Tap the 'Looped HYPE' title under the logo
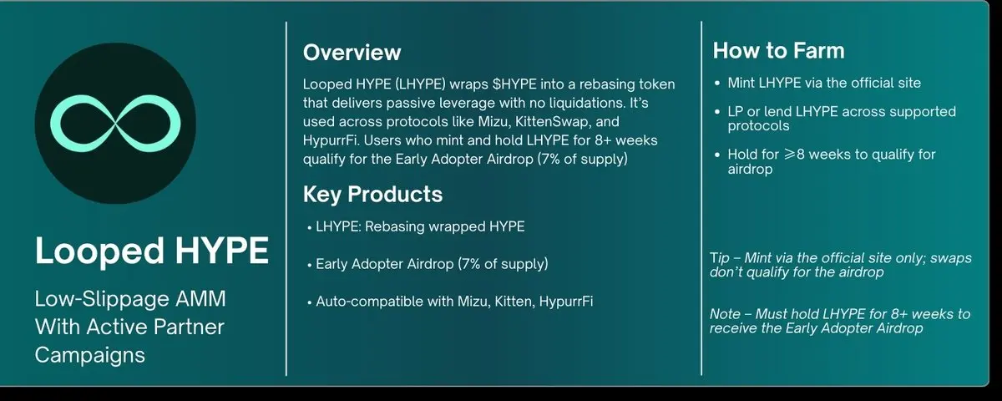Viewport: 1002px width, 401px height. click(x=151, y=251)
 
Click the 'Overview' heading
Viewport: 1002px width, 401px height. click(x=352, y=53)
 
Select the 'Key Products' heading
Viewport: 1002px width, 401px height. click(x=372, y=195)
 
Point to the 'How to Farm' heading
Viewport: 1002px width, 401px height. click(x=778, y=51)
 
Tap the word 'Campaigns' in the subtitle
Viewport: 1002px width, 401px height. click(x=90, y=354)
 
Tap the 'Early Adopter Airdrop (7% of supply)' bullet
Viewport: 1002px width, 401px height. click(x=431, y=264)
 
